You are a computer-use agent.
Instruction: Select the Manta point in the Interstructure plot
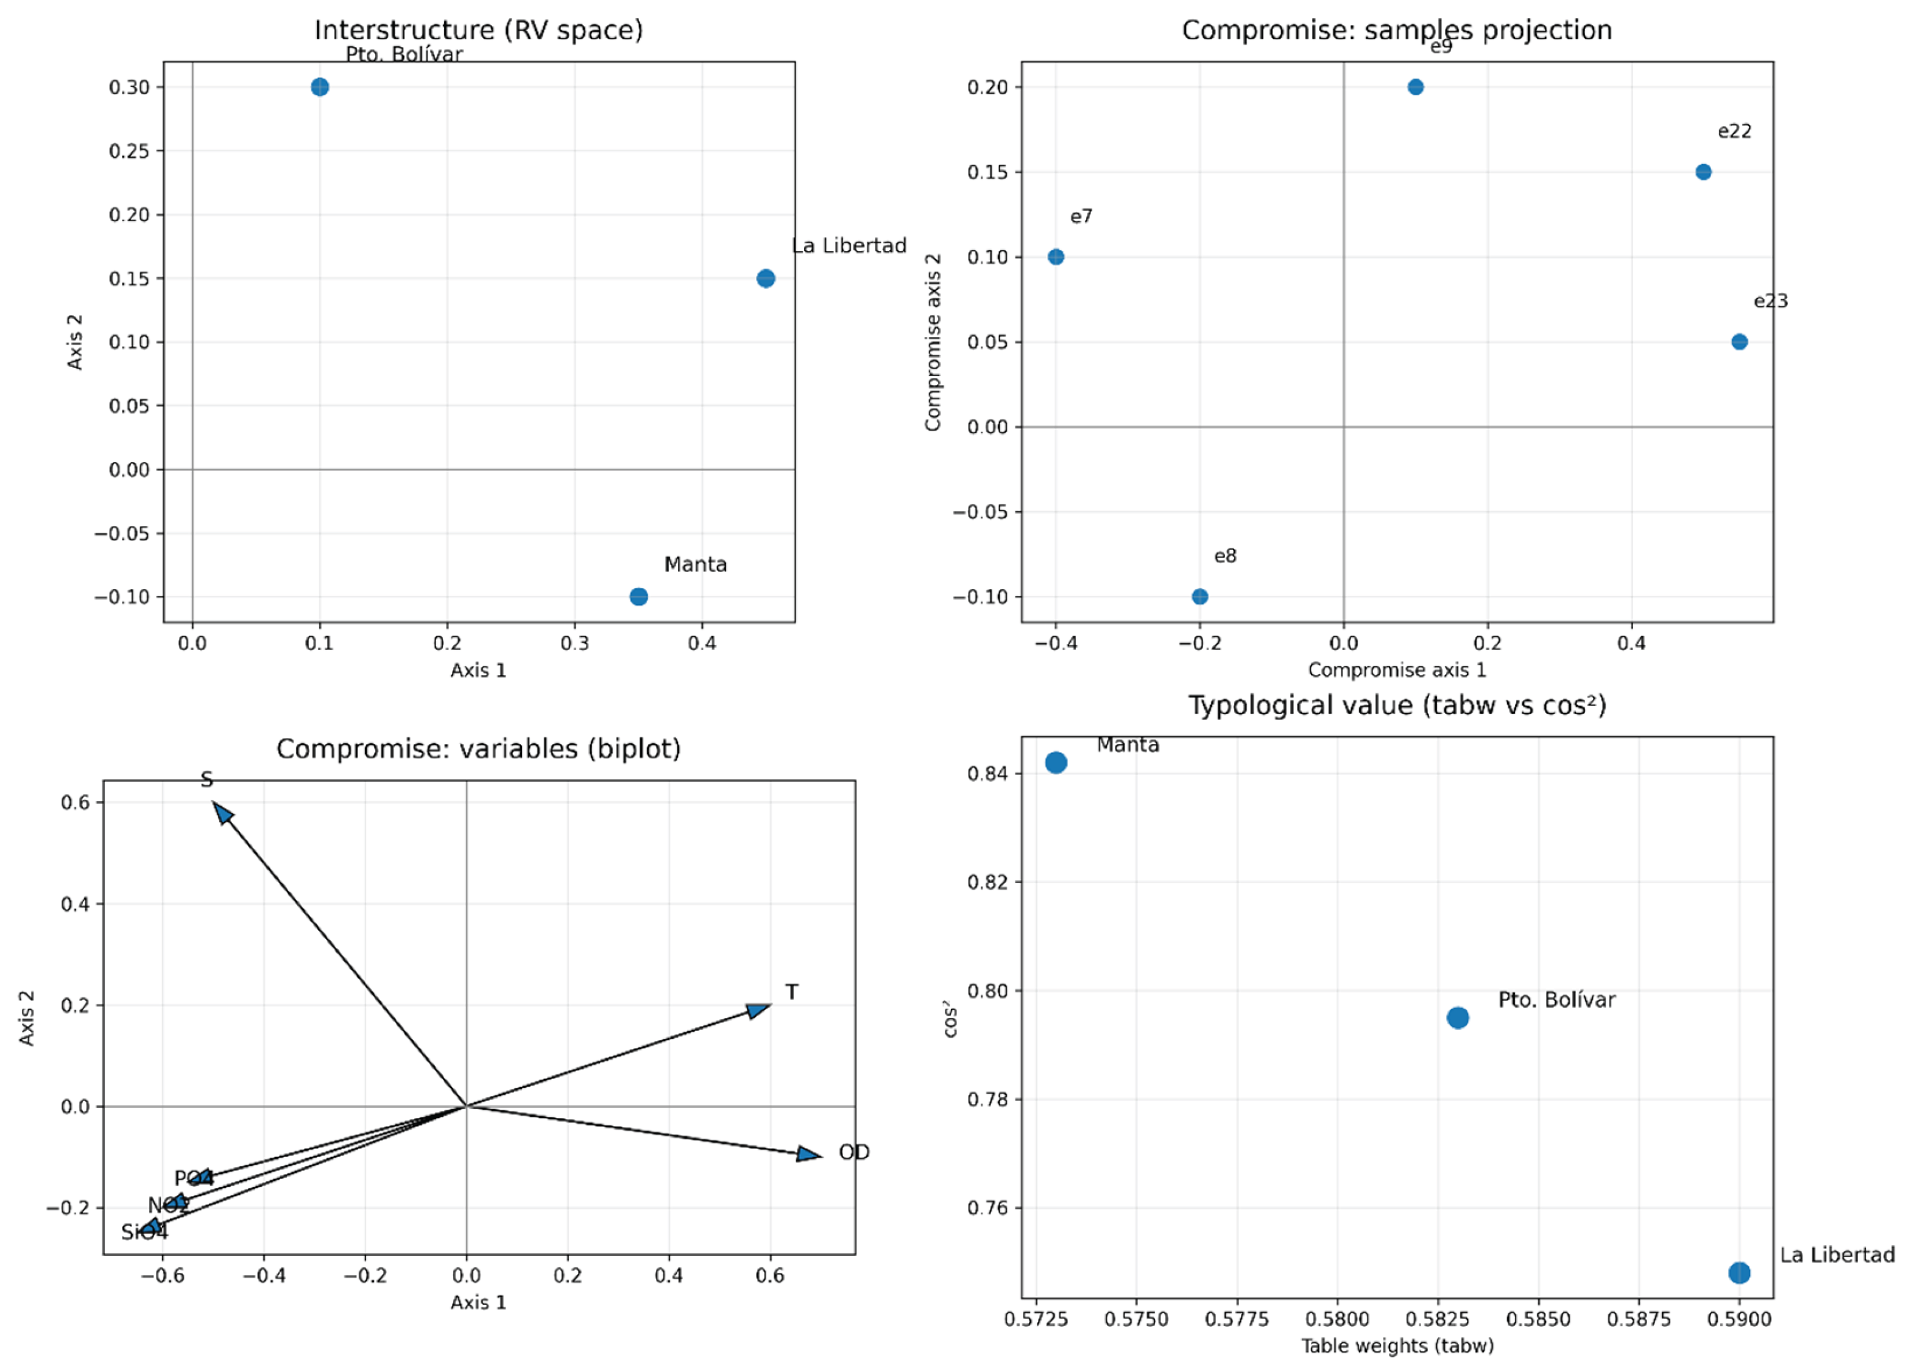point(638,596)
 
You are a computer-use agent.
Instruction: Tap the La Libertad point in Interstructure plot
point(765,278)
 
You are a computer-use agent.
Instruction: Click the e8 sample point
point(1199,596)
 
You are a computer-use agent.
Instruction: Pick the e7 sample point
point(1056,257)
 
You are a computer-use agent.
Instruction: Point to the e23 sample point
point(1739,341)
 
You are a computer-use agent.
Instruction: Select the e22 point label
point(1734,131)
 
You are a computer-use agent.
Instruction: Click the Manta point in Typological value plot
point(1056,763)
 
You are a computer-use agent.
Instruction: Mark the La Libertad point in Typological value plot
point(1739,1273)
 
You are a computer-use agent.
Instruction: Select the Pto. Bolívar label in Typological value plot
point(1556,1000)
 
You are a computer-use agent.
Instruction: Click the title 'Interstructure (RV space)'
point(479,30)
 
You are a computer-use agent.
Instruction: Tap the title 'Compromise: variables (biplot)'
point(479,749)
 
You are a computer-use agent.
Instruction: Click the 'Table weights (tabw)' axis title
point(1397,1346)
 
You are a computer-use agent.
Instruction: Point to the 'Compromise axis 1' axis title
point(1397,670)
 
